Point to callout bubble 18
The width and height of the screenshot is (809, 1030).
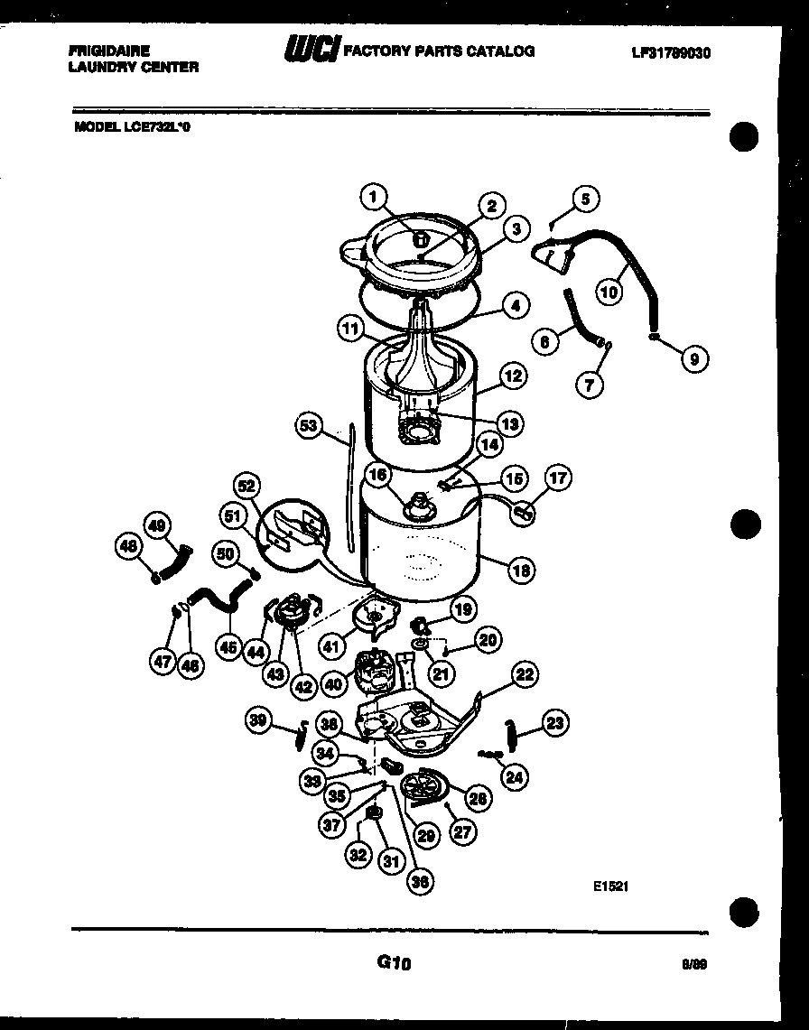pyautogui.click(x=521, y=570)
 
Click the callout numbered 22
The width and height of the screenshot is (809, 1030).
pyautogui.click(x=525, y=673)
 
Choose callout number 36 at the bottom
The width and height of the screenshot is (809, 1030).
pyautogui.click(x=420, y=882)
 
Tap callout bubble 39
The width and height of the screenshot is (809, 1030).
pyautogui.click(x=260, y=719)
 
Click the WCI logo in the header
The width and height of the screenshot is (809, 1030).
pyautogui.click(x=311, y=51)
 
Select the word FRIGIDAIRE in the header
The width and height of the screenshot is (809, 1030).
pyautogui.click(x=108, y=51)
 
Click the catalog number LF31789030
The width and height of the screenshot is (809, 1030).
pyautogui.click(x=671, y=52)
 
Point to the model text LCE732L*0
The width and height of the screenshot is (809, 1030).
pyautogui.click(x=156, y=127)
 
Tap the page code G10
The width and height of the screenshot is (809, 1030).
pyautogui.click(x=394, y=963)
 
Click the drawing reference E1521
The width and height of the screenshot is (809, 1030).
pyautogui.click(x=610, y=886)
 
